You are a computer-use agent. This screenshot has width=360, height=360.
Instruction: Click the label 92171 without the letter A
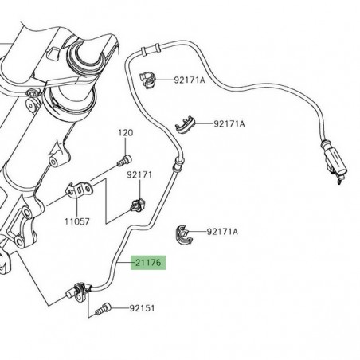click(x=139, y=174)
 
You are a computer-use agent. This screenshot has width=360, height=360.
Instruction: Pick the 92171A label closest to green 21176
click(x=222, y=232)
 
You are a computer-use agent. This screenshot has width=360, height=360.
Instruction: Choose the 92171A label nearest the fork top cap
click(x=189, y=80)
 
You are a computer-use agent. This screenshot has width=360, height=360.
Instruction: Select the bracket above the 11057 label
click(x=77, y=192)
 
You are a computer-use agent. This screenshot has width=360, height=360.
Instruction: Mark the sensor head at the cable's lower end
click(x=79, y=288)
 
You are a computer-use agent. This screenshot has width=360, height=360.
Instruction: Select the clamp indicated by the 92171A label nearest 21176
click(x=184, y=233)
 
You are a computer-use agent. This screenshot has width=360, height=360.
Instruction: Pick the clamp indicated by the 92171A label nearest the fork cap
click(x=148, y=78)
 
